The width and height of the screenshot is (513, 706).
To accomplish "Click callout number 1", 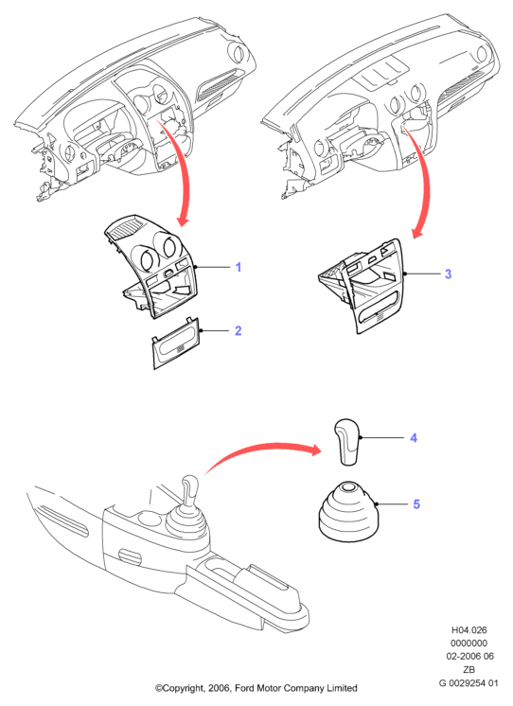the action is tap(239, 267).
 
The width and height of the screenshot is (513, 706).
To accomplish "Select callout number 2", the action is tap(239, 330).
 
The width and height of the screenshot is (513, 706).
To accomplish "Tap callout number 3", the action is tap(448, 274).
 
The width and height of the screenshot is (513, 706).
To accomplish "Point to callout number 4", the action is tap(414, 437).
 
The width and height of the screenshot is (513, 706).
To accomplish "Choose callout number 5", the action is tap(416, 503).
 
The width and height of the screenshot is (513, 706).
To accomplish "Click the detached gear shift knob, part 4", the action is tap(347, 442).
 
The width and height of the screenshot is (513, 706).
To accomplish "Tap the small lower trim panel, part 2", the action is tap(176, 344).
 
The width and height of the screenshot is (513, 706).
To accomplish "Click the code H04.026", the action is tap(469, 630).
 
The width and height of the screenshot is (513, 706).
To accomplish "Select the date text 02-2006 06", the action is tap(469, 656).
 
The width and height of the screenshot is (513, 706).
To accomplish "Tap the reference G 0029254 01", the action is tap(469, 683).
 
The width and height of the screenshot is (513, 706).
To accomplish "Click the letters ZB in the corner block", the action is tap(469, 669).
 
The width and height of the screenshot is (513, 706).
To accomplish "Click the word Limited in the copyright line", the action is tap(342, 688).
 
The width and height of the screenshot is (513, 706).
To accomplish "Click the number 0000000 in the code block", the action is tap(469, 643).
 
